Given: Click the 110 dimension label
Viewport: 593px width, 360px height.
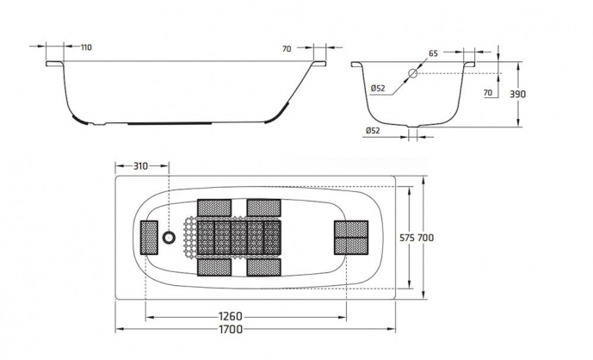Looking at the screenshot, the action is click(x=86, y=47).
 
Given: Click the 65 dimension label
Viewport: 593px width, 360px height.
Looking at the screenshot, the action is click(x=433, y=53).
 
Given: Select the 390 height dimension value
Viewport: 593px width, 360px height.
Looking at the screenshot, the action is click(x=518, y=94).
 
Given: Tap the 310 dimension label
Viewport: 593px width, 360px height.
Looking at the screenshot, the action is click(x=140, y=166).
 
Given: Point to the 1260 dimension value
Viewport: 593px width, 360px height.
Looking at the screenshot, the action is click(x=231, y=316).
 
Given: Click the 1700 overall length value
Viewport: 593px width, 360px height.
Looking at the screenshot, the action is click(x=231, y=329).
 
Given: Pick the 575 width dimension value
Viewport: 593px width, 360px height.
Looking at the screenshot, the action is click(x=407, y=238).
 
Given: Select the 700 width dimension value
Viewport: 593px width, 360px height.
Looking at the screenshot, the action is click(x=425, y=238).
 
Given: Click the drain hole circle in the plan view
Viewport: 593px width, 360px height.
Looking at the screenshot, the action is click(x=169, y=238).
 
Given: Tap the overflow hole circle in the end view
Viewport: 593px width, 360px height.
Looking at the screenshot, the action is click(x=412, y=73).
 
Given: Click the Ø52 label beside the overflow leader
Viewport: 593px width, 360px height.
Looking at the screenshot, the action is click(x=378, y=88).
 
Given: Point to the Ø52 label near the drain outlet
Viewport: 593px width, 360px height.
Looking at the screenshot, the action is click(x=373, y=131).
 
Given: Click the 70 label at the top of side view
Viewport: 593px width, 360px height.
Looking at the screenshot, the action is click(x=287, y=49).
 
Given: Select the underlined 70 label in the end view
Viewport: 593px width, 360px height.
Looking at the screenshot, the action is click(x=488, y=93).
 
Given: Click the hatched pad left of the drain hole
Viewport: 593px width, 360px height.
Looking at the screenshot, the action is click(x=149, y=238).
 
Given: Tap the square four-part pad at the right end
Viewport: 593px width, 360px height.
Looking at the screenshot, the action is click(x=351, y=238).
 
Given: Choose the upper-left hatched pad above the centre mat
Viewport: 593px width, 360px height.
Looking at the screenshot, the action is click(x=214, y=208).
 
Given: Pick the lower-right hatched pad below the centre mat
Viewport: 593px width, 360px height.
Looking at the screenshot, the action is click(x=263, y=267).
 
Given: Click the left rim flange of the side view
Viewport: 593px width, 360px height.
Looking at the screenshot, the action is click(x=54, y=64).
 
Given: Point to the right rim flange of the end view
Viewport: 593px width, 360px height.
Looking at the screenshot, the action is click(x=469, y=64).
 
